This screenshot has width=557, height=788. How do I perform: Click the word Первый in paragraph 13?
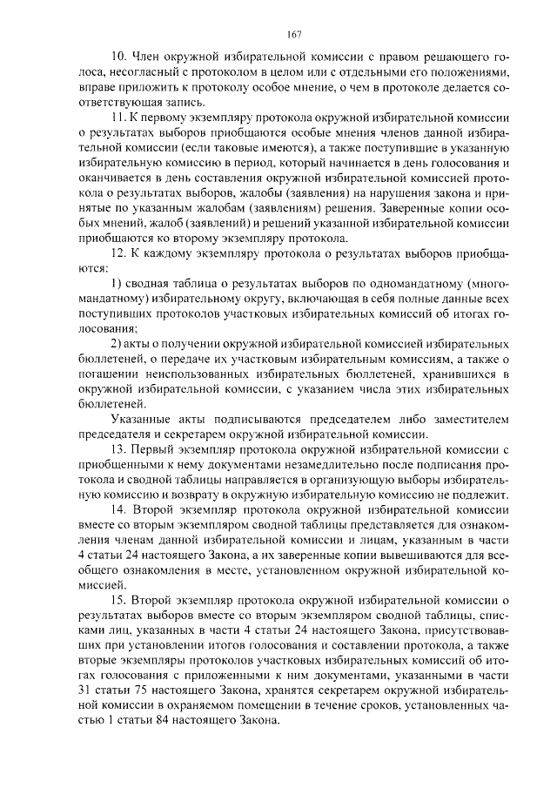155,448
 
